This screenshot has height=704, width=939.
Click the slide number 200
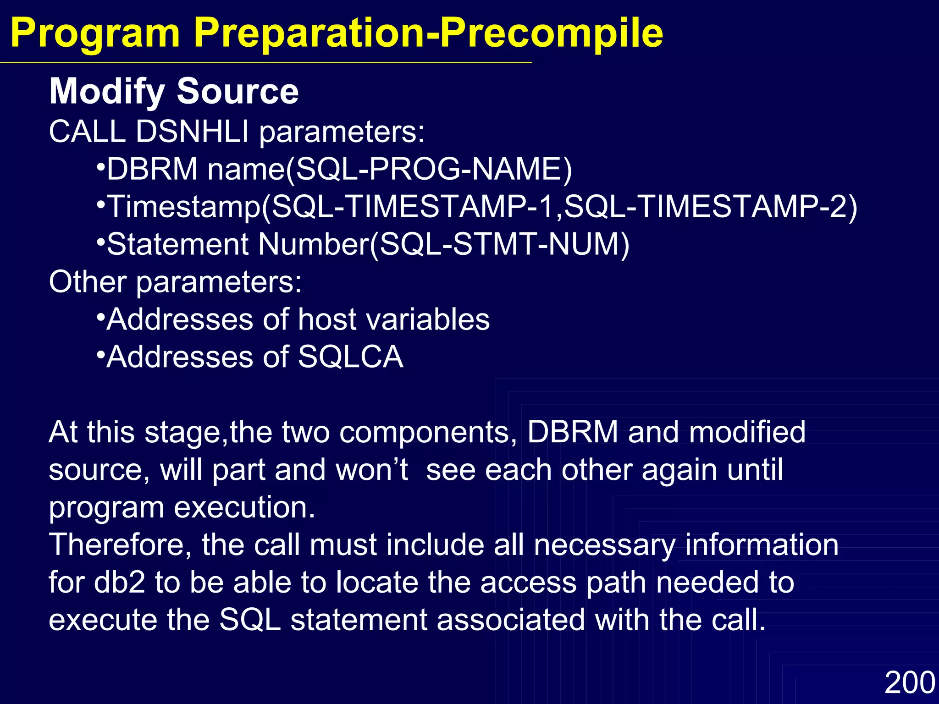(909, 682)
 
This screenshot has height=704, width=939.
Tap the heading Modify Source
(174, 91)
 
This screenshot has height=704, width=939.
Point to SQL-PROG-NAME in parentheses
(429, 169)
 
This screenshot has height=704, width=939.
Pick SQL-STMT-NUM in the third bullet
(499, 244)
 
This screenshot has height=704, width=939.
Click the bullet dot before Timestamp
(101, 203)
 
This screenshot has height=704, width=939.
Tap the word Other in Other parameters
(88, 282)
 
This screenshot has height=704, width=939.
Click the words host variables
(394, 319)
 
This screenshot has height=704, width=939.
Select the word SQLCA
(351, 357)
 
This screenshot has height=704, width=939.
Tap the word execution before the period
(238, 508)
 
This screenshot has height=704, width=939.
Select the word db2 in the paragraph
(119, 583)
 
